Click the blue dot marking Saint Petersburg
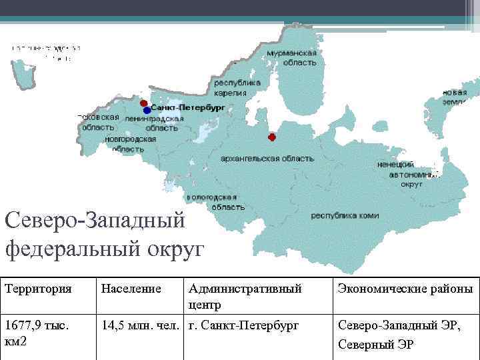click(147, 110)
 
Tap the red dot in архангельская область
click(271, 137)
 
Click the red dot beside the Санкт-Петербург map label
click(143, 103)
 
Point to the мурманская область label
click(291, 57)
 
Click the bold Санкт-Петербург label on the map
click(188, 107)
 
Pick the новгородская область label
click(131, 144)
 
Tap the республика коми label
click(345, 216)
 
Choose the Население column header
click(131, 289)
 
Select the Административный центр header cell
click(245, 296)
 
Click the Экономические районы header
click(405, 289)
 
